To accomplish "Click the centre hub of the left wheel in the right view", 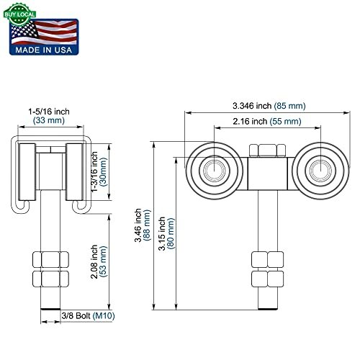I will click(212, 169).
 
